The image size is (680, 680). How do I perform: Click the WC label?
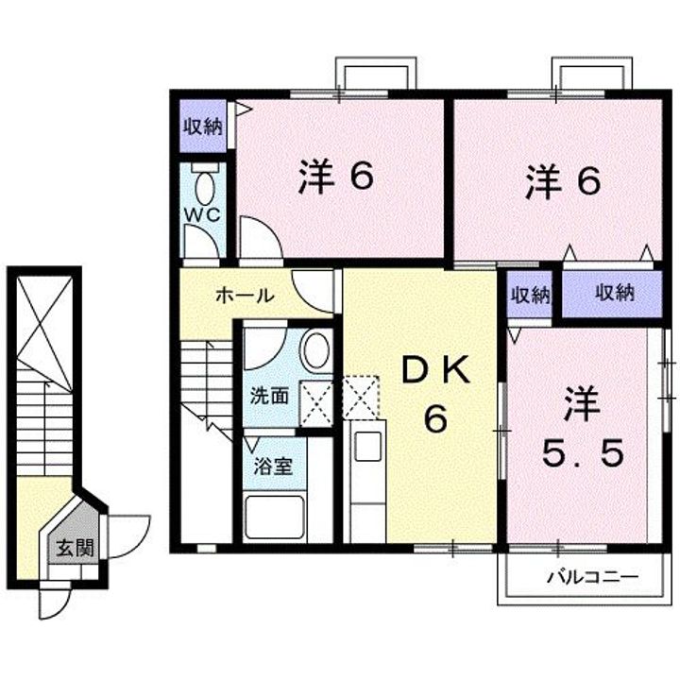click(x=201, y=214)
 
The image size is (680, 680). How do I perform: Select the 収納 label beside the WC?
click(x=202, y=127)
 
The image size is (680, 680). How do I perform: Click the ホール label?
click(x=245, y=296)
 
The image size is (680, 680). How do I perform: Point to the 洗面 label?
click(x=269, y=395)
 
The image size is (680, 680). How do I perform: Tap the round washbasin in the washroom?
click(x=314, y=350)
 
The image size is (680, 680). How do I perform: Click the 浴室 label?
click(x=275, y=465)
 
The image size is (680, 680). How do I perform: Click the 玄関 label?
click(x=73, y=547)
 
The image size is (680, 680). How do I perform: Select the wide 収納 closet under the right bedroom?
click(x=614, y=294)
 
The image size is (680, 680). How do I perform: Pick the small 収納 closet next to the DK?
click(x=530, y=295)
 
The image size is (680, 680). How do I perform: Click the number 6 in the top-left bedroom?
click(x=360, y=176)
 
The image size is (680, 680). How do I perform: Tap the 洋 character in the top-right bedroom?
click(x=540, y=180)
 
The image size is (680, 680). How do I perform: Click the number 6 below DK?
click(x=433, y=420)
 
